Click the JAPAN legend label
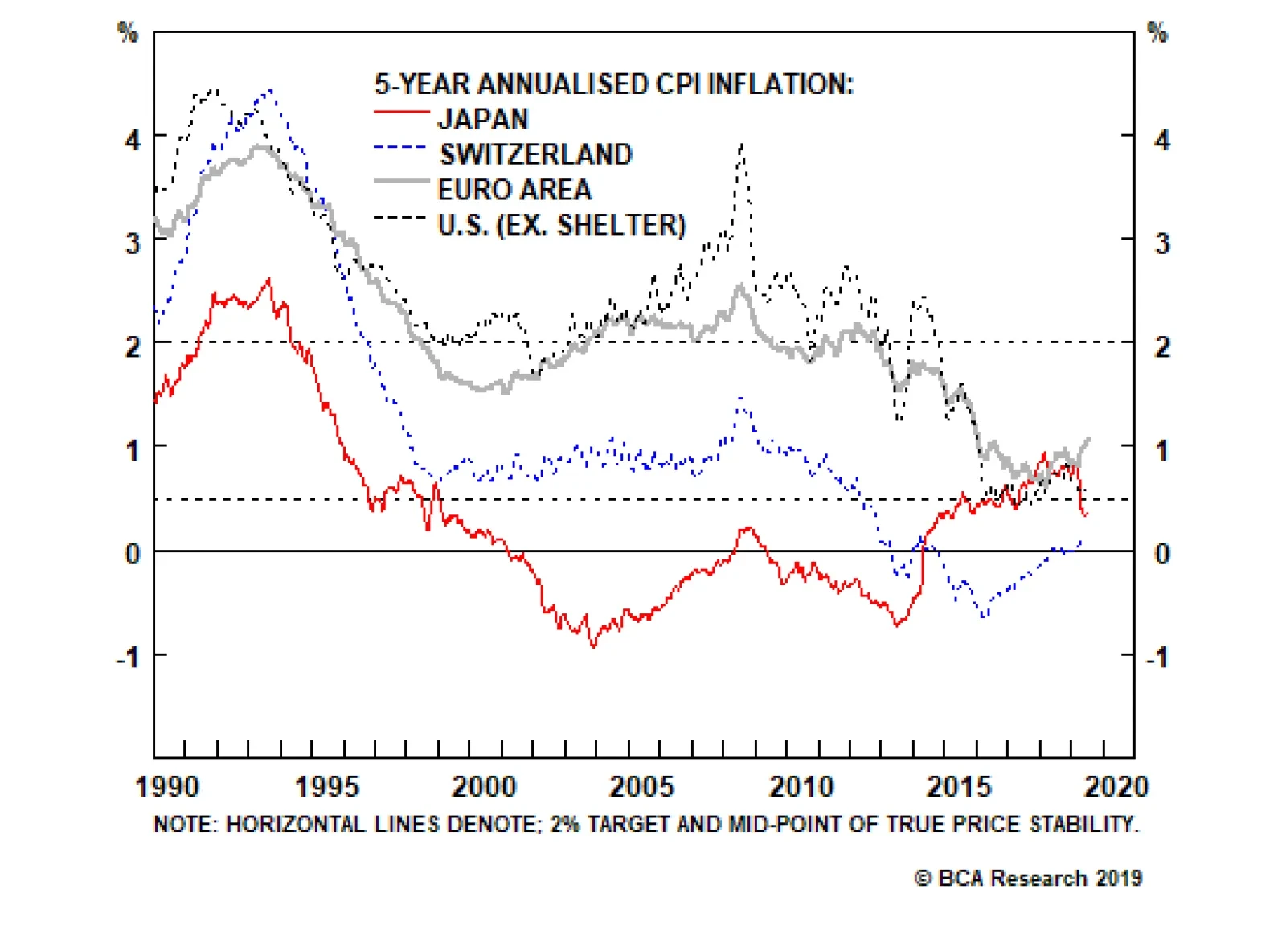[482, 119]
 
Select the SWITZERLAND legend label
[535, 154]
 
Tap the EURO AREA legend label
[514, 190]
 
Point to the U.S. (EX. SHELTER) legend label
[561, 225]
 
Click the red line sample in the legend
[401, 113]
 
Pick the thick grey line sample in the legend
[401, 182]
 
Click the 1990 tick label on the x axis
[167, 786]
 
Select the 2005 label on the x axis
[641, 786]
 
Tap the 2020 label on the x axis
[1116, 786]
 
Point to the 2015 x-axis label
[959, 786]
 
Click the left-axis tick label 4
[133, 140]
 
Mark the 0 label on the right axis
[1162, 553]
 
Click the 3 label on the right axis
[1162, 243]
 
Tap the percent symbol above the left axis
[128, 32]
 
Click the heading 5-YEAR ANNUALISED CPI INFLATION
[613, 84]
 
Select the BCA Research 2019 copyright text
[1028, 878]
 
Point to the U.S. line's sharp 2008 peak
[741, 145]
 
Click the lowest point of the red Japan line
[594, 645]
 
